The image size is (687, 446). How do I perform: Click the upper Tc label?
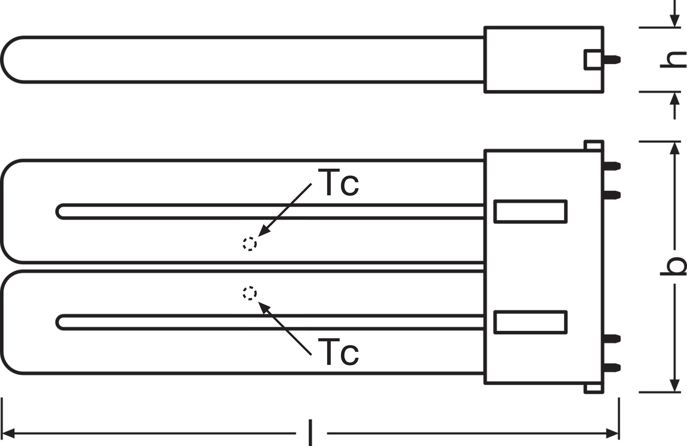click(338, 182)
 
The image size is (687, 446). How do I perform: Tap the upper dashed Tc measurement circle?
click(249, 244)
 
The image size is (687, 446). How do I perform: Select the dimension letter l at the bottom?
click(310, 433)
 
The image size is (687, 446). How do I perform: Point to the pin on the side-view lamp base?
click(612, 60)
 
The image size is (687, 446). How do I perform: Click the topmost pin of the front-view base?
click(612, 166)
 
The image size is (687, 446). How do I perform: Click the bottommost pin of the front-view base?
click(612, 368)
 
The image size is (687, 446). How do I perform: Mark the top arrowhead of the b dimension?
click(675, 148)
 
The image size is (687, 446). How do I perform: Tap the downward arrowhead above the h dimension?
click(675, 21)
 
